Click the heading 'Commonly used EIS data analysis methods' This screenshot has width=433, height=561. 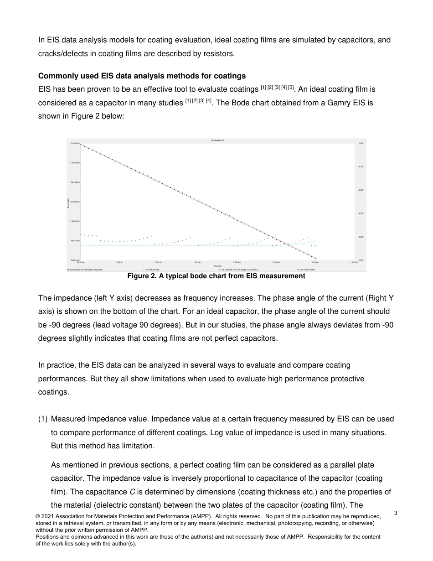point(142,75)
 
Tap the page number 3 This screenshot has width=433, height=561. point(396,513)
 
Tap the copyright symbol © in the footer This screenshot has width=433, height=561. point(38,516)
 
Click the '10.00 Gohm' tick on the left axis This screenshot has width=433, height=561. point(74,143)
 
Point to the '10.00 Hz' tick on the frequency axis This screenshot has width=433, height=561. point(159,263)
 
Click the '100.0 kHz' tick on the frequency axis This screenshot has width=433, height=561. point(315,263)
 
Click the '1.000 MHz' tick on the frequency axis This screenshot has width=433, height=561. point(354,263)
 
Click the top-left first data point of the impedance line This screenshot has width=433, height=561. point(81,144)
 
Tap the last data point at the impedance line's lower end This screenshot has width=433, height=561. point(315,259)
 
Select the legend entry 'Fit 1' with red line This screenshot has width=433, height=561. point(150,270)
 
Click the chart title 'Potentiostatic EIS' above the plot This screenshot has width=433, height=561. point(216,140)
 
